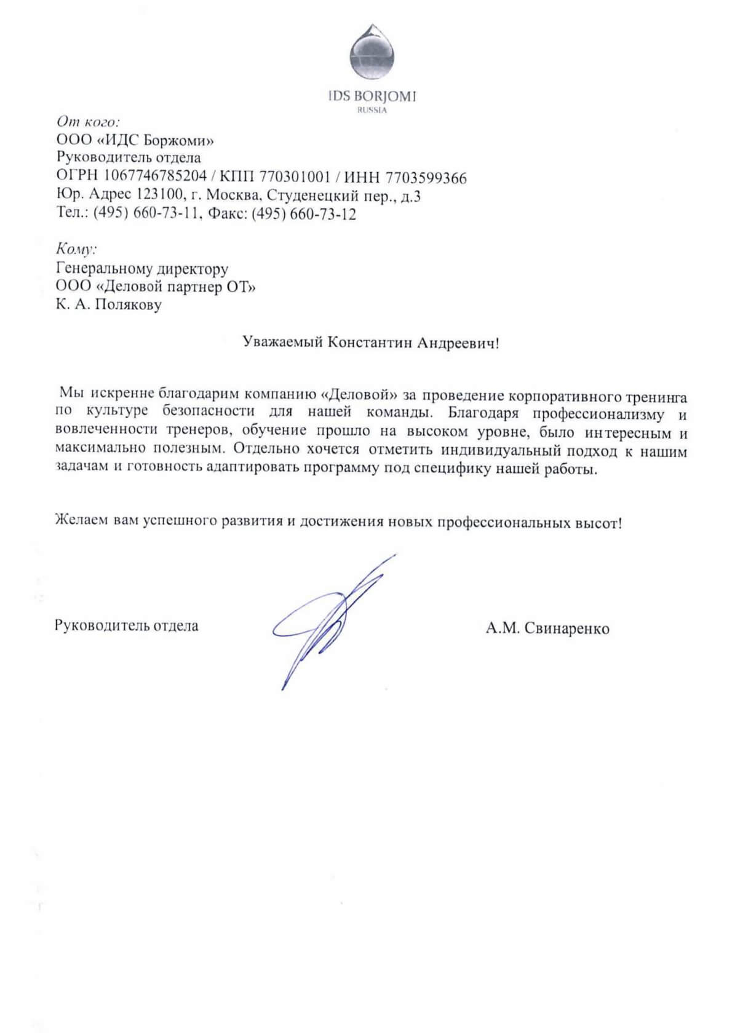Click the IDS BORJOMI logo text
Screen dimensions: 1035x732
click(x=372, y=97)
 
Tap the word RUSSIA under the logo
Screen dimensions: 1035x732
click(x=372, y=111)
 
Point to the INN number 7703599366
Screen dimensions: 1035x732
click(x=426, y=178)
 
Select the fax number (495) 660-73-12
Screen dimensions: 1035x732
click(x=304, y=214)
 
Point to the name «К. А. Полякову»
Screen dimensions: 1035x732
click(x=109, y=304)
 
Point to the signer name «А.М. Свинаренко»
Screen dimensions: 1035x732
click(x=547, y=629)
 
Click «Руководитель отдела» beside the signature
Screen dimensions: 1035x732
click(x=127, y=626)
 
